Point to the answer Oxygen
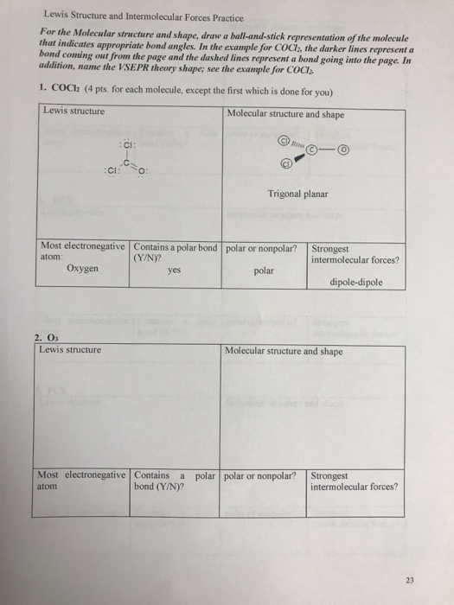click(82, 269)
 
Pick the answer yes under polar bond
click(178, 269)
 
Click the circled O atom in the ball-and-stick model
click(345, 150)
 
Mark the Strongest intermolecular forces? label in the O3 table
click(354, 481)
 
